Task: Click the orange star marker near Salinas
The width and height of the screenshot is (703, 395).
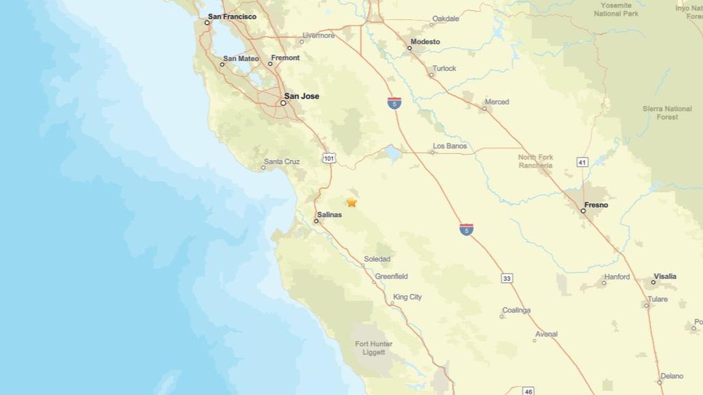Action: tap(351, 202)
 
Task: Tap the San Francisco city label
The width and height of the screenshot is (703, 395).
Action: tap(232, 17)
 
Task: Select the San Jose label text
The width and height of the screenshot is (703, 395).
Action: tap(302, 96)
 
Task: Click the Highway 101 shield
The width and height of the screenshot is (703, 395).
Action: tap(329, 158)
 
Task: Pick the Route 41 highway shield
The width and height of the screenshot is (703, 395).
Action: tap(583, 162)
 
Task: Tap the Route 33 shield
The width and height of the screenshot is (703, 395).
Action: tap(507, 279)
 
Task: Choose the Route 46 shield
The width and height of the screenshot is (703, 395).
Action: tap(528, 391)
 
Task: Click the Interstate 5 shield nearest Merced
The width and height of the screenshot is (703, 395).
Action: tap(393, 103)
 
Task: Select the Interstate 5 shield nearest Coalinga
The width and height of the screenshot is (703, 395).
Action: tap(467, 229)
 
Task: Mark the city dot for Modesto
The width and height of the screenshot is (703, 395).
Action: tap(409, 47)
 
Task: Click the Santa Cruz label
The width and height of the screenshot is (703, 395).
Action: tap(281, 162)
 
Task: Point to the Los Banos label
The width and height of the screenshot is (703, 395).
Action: tap(450, 147)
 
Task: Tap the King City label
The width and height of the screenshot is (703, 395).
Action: tap(408, 297)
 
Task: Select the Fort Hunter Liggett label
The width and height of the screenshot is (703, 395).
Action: tap(370, 348)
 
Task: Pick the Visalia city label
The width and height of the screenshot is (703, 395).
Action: tap(665, 277)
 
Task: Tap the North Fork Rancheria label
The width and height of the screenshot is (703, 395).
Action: tap(535, 161)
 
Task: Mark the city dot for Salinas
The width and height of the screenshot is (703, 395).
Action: tap(316, 221)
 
